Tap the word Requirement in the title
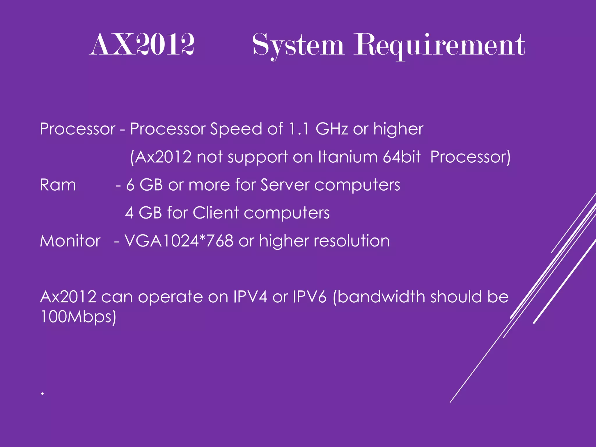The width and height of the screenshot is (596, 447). [x=439, y=45]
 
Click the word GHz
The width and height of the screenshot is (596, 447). [x=331, y=129]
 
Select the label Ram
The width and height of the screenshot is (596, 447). [x=58, y=185]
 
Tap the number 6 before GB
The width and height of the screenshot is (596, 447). [x=130, y=185]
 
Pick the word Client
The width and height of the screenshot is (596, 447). [x=216, y=213]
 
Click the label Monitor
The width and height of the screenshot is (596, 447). [x=70, y=241]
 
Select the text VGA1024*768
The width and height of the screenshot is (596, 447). [x=179, y=241]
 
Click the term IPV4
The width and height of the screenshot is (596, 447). [x=250, y=297]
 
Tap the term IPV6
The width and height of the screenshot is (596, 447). [x=310, y=297]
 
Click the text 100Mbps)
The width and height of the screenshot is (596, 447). [x=78, y=317]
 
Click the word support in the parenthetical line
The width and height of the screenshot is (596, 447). [x=258, y=157]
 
